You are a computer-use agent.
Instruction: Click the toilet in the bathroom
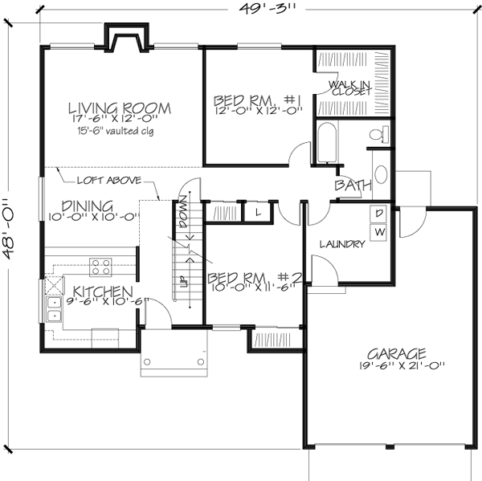click(378, 136)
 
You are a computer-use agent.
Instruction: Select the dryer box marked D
click(378, 214)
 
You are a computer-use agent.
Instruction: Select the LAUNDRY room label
click(342, 243)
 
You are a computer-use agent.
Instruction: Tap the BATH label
click(353, 186)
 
